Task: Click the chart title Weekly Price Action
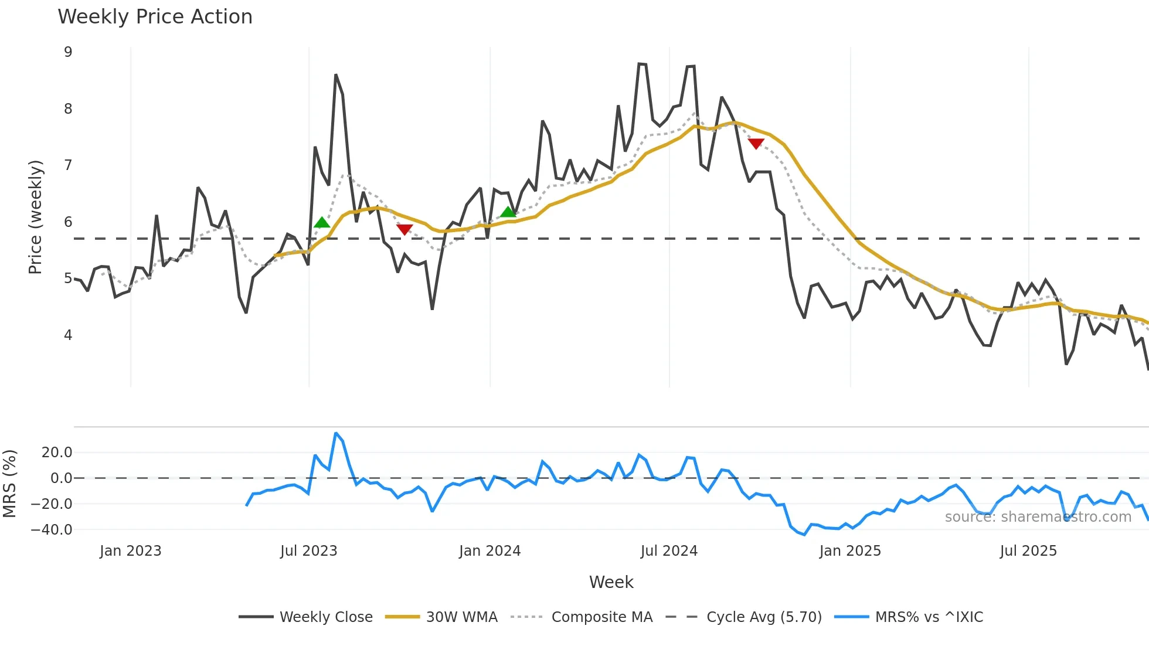(155, 16)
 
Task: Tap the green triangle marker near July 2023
(322, 223)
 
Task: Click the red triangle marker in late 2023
(404, 229)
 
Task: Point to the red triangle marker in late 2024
(756, 144)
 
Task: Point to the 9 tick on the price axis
(68, 52)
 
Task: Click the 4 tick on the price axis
(68, 335)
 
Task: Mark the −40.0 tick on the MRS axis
(52, 529)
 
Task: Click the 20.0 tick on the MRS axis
(57, 452)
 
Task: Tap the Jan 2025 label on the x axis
(850, 550)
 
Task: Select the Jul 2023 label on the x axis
(308, 550)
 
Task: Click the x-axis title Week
(611, 582)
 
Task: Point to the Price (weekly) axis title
(35, 217)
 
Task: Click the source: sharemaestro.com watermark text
(1038, 516)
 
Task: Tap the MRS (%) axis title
(9, 484)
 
